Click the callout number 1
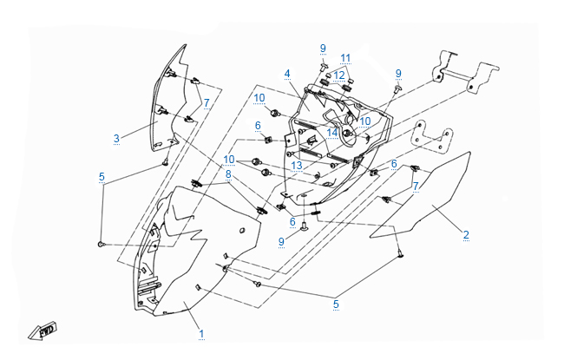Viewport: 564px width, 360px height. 201,333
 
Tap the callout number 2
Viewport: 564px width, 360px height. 466,234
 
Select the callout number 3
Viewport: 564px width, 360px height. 115,137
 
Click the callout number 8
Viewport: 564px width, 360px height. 229,173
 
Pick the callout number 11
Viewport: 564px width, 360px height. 345,58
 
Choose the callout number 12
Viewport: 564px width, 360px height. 339,75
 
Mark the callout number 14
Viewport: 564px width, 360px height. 331,133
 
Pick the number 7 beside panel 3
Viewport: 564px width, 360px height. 207,103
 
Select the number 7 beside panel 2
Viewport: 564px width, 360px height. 416,187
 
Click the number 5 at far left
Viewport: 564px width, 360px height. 102,177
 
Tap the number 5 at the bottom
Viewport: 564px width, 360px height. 336,304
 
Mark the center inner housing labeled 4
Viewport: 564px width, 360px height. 334,156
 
